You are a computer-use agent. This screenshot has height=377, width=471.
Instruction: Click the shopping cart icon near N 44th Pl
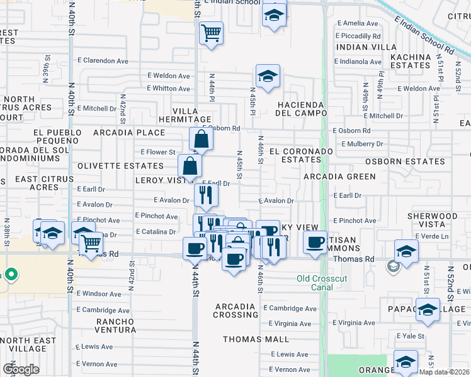click(212, 32)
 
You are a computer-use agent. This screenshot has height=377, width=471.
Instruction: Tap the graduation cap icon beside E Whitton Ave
click(268, 77)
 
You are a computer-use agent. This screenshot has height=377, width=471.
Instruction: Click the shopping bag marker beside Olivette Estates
click(190, 167)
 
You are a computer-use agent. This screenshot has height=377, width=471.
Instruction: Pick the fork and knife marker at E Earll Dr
click(206, 195)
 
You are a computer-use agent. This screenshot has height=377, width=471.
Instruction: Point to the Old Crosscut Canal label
click(321, 283)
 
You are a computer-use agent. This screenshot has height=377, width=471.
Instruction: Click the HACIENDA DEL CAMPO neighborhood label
click(300, 109)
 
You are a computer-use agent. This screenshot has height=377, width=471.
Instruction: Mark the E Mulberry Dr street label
click(362, 144)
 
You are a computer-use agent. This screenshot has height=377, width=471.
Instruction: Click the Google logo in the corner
click(21, 369)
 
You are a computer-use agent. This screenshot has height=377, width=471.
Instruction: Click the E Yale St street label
click(413, 336)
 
